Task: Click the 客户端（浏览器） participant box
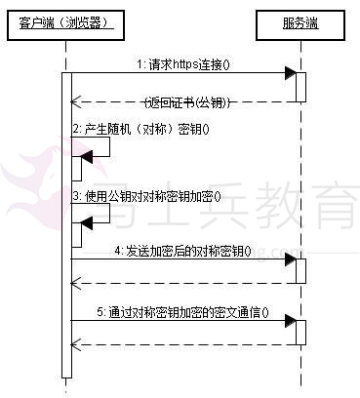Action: pos(65,25)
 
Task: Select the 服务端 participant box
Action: pos(300,25)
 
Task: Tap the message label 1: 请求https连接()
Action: pos(183,64)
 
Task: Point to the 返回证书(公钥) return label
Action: pos(187,102)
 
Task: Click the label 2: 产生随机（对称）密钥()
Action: pos(141,129)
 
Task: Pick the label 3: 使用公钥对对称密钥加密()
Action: pos(146,196)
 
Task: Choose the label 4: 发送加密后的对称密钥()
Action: pos(182,251)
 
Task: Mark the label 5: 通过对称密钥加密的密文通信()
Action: pos(182,312)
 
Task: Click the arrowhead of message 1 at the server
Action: pos(291,73)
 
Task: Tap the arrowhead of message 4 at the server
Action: pos(291,259)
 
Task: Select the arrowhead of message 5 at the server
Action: pos(291,321)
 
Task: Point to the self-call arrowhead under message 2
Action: pos(87,157)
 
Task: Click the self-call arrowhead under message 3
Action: pos(87,223)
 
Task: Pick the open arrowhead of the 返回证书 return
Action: pos(76,101)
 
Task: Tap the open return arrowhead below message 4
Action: pos(76,284)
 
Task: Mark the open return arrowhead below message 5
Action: pos(76,345)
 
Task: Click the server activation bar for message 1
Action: pos(300,87)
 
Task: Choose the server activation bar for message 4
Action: pos(300,271)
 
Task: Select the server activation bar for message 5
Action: pos(300,333)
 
